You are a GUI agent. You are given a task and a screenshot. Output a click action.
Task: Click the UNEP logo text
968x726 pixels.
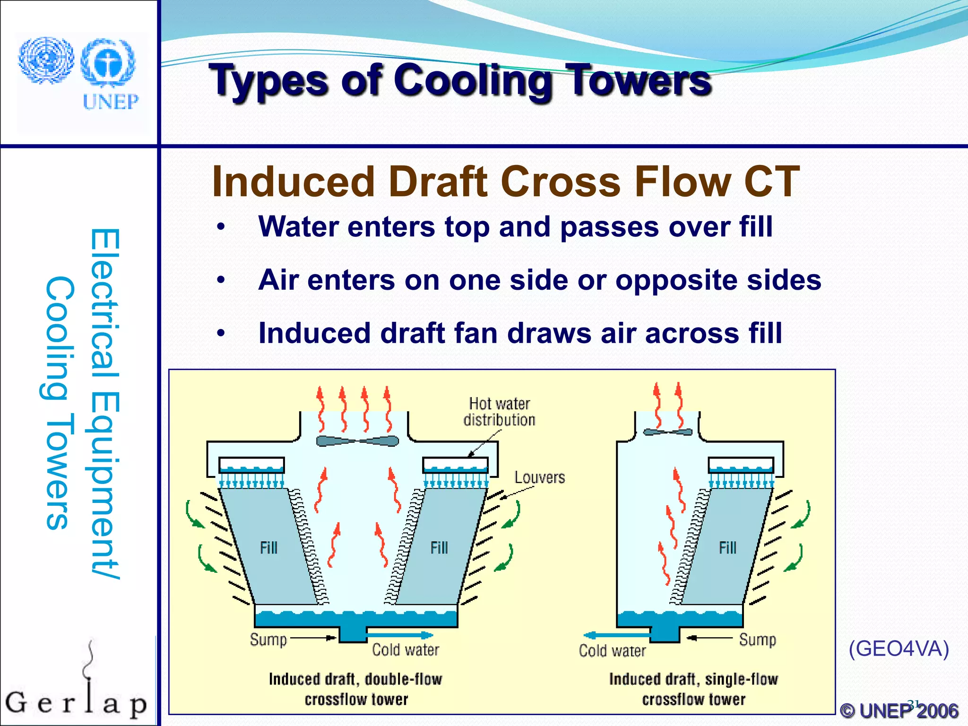click(111, 102)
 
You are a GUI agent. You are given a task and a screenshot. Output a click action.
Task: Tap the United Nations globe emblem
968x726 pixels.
click(46, 60)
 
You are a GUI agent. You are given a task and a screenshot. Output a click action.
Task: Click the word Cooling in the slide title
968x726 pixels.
click(473, 81)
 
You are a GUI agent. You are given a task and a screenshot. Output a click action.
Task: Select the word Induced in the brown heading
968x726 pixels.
click(293, 181)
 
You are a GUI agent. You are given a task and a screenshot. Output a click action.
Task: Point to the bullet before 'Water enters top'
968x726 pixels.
click(221, 228)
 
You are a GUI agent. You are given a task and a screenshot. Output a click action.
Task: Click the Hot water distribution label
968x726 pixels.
click(499, 412)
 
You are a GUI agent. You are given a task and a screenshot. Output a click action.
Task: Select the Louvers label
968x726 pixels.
click(539, 477)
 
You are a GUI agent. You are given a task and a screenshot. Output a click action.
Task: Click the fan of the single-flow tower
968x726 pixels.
click(667, 432)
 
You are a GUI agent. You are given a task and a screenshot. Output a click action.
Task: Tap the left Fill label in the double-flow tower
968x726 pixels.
click(268, 548)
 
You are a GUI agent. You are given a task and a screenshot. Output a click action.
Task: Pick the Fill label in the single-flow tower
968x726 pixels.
click(727, 548)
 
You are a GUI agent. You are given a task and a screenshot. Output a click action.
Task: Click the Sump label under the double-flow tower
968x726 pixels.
click(268, 640)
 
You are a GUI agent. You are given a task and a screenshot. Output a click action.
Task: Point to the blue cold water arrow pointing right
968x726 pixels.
click(400, 635)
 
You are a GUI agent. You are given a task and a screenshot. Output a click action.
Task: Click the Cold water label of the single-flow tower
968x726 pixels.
click(612, 651)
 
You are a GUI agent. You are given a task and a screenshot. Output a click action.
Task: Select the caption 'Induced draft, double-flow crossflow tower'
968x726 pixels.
click(355, 689)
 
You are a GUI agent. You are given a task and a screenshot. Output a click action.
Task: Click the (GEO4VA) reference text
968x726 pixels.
click(899, 648)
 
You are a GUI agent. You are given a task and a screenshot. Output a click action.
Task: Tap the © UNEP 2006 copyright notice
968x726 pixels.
click(899, 710)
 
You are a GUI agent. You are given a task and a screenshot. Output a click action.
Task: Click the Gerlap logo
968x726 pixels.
click(76, 695)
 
